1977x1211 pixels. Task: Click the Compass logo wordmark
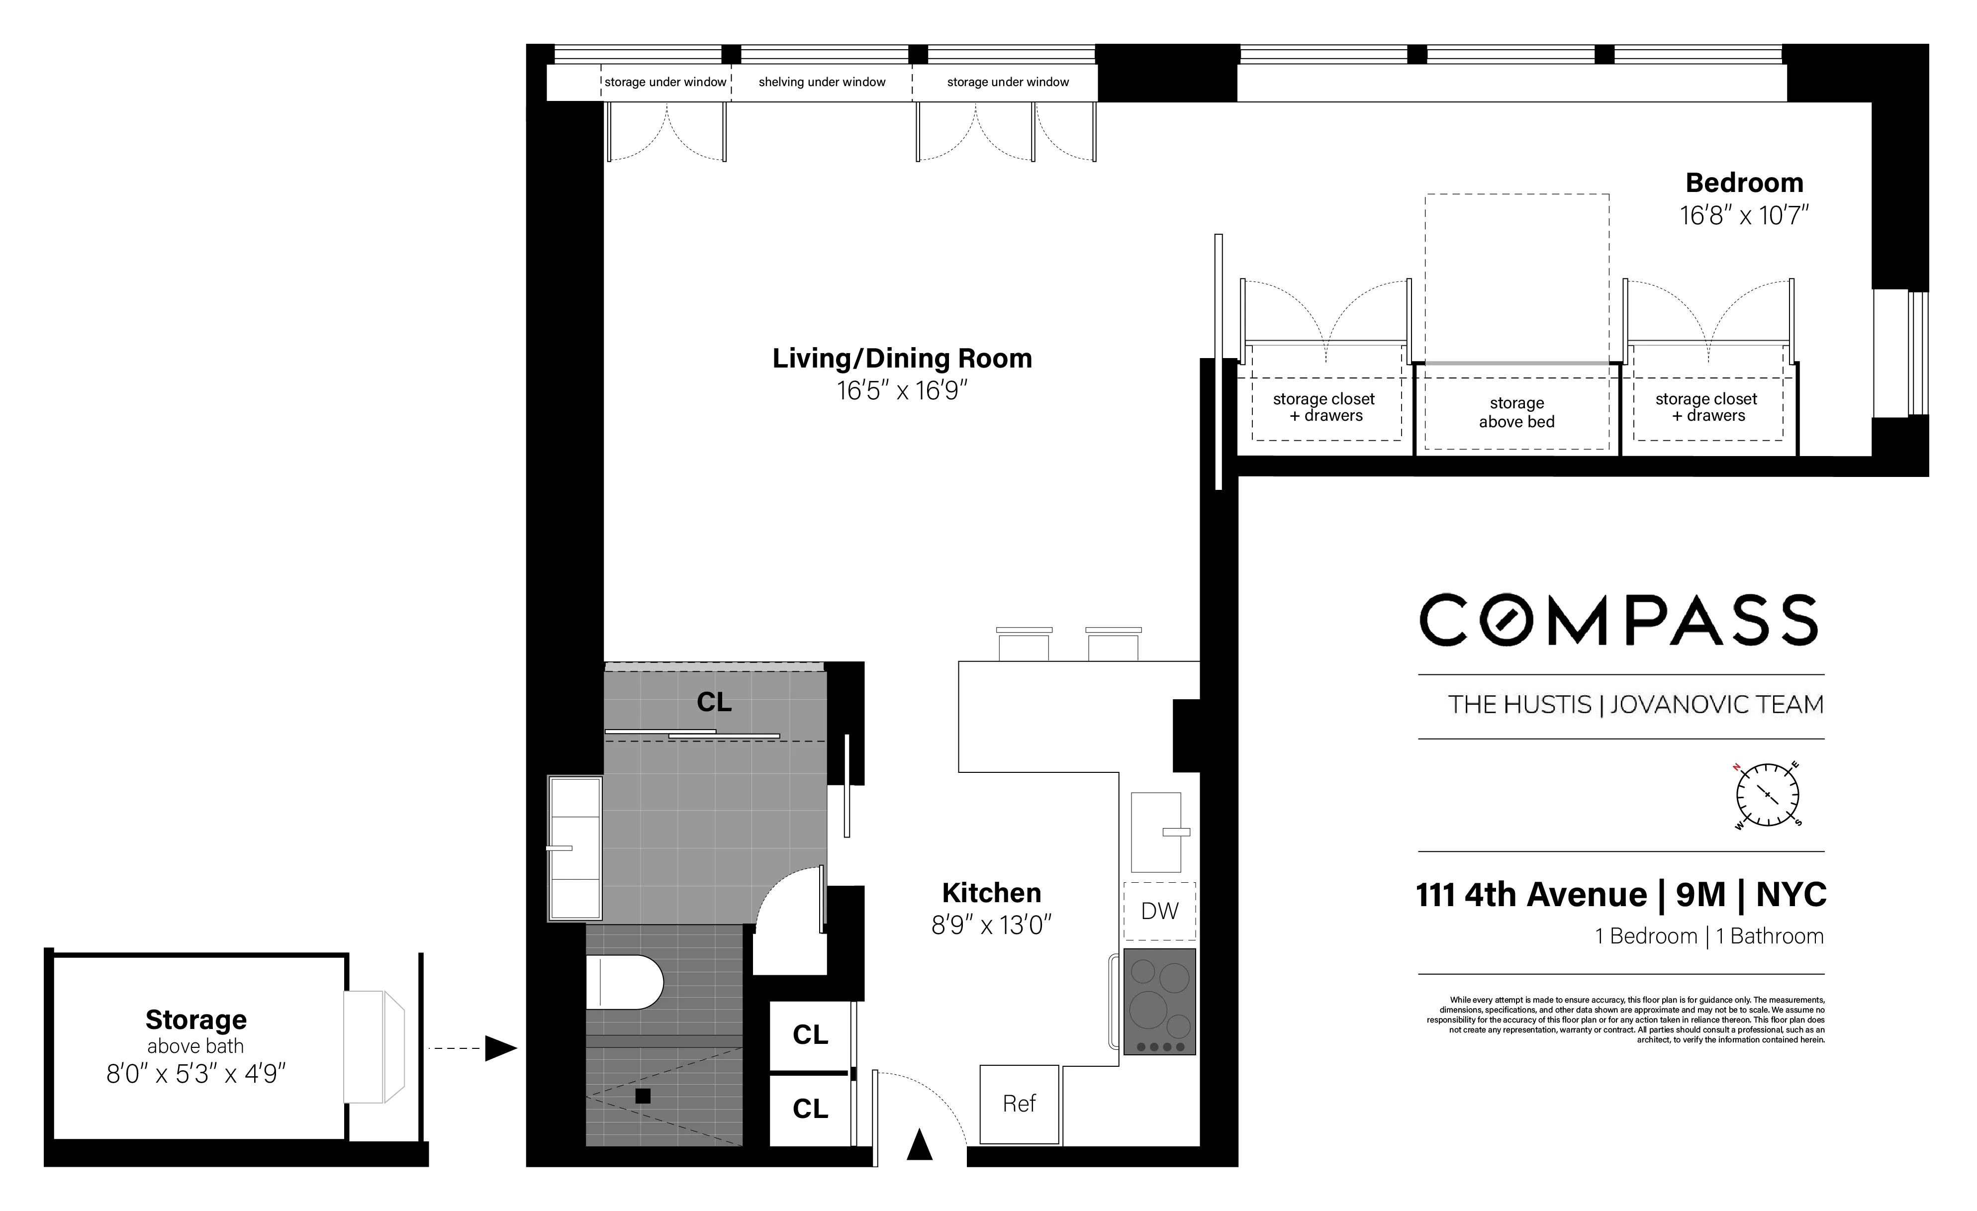pos(1619,620)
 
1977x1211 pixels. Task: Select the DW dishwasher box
pos(1159,911)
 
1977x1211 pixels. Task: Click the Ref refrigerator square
pos(1019,1104)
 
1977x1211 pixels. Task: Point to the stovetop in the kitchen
pos(1159,1002)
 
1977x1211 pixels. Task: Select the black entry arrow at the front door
pos(920,1145)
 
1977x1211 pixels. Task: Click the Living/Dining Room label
pos(902,358)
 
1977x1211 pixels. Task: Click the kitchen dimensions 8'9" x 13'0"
pos(991,926)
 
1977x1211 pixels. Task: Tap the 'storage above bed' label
pos(1516,412)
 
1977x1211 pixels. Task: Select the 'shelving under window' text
pos(822,82)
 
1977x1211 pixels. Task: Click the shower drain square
pos(643,1096)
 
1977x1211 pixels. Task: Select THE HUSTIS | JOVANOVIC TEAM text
pos(1635,705)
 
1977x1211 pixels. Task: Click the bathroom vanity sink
pos(574,847)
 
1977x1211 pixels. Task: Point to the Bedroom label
pos(1744,183)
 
